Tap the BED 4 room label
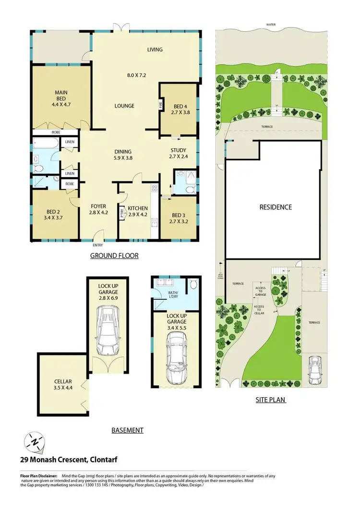pyautogui.click(x=178, y=108)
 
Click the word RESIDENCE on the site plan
pyautogui.click(x=276, y=207)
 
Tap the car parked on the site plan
pyautogui.click(x=315, y=370)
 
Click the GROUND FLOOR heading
pyautogui.click(x=114, y=256)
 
